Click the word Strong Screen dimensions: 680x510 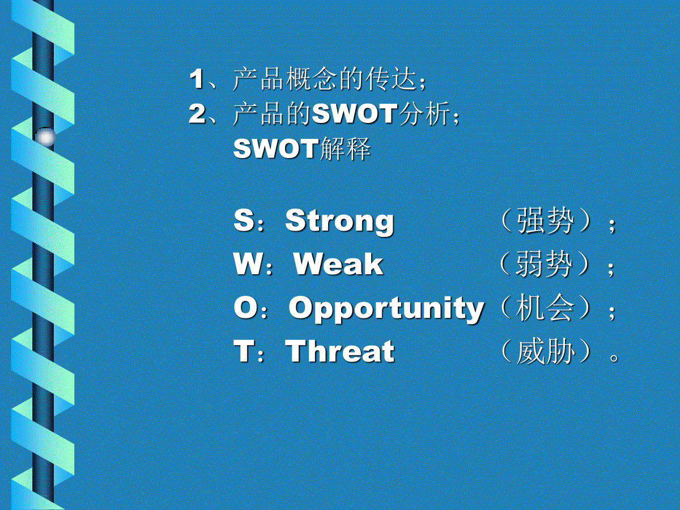tap(339, 222)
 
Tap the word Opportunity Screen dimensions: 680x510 tap(386, 308)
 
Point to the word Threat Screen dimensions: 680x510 tap(340, 351)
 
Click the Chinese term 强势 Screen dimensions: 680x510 tap(545, 221)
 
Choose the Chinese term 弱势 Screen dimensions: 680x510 tap(543, 264)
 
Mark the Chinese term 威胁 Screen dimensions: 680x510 tap(545, 351)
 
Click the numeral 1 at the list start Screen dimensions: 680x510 tap(197, 79)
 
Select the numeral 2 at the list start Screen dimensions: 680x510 tap(197, 114)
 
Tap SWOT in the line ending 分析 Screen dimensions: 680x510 tap(355, 113)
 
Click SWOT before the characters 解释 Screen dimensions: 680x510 tap(276, 148)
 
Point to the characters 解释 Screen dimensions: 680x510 tap(345, 148)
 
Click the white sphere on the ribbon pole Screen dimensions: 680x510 tap(45, 137)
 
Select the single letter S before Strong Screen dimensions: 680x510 tap(244, 220)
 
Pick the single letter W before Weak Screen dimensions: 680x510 tap(248, 263)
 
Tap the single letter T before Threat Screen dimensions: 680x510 tap(244, 351)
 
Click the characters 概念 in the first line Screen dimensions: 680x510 tap(311, 79)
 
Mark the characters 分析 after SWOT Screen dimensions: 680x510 tap(424, 114)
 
